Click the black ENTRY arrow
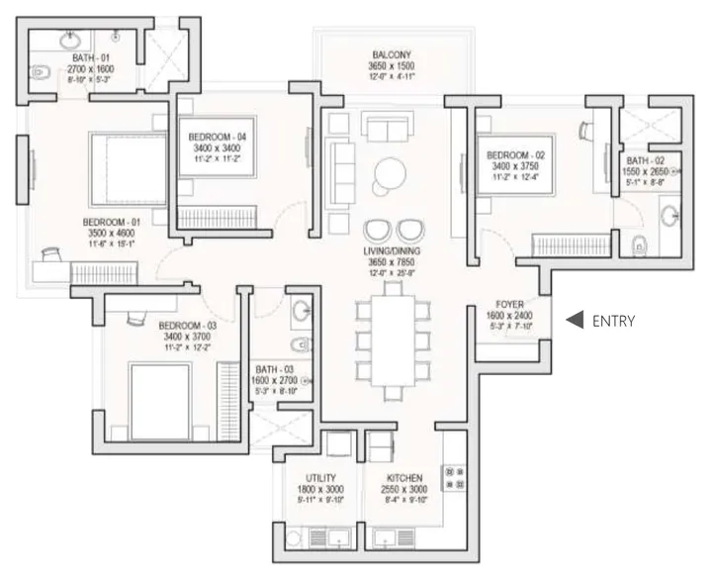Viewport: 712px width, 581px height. (x=573, y=320)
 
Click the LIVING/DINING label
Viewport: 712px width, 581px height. (x=393, y=252)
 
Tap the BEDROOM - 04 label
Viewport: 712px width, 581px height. (x=217, y=136)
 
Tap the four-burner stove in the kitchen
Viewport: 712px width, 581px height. (x=455, y=478)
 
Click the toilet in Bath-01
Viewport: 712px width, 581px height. (x=40, y=71)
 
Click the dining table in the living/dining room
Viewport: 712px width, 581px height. (x=393, y=337)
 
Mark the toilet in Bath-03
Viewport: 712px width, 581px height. (x=301, y=344)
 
